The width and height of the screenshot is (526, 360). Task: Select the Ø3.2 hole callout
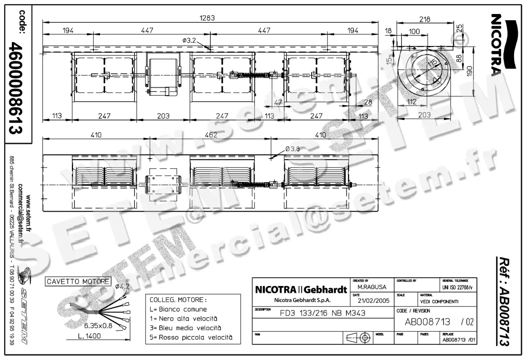(189, 40)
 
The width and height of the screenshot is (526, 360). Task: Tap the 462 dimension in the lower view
(211, 135)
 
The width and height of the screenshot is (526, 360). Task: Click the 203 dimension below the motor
(163, 116)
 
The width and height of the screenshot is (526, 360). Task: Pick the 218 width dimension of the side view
(424, 19)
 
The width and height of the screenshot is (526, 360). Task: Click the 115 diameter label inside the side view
(433, 64)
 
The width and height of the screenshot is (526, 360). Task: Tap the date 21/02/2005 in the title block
(373, 301)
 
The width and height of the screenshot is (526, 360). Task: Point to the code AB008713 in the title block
(427, 322)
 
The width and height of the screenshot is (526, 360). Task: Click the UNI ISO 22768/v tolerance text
(458, 287)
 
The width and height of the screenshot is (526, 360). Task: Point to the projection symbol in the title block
(359, 338)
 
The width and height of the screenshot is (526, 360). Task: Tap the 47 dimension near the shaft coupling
(278, 102)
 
